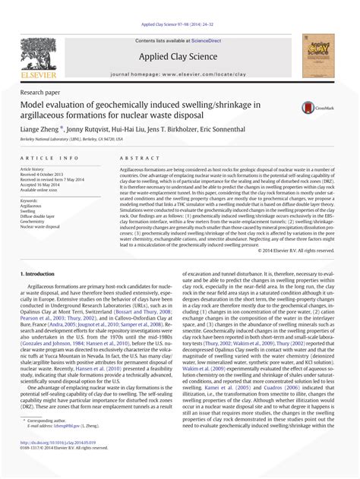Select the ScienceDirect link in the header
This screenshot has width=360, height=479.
pyautogui.click(x=213, y=40)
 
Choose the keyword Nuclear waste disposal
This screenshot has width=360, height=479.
pyautogui.click(x=45, y=226)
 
